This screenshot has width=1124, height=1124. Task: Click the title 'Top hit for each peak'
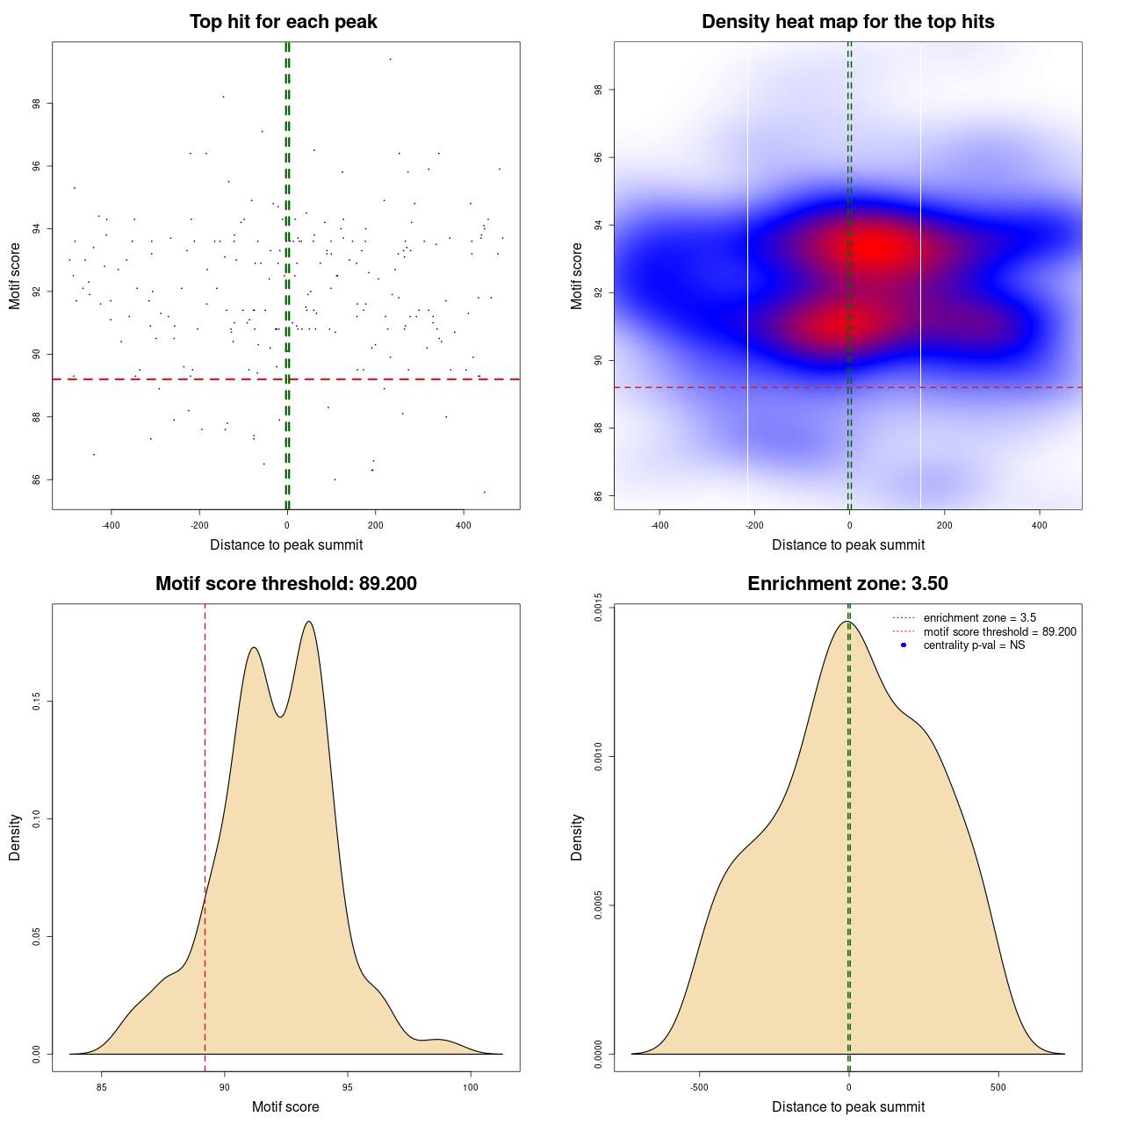click(283, 22)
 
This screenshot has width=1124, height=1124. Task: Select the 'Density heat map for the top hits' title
click(847, 22)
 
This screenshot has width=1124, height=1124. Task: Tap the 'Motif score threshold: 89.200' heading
click(285, 584)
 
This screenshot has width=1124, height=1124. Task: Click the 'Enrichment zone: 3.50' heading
click(847, 584)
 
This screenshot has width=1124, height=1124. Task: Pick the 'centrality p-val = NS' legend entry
click(974, 645)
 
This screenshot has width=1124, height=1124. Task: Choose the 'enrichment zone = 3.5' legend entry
click(979, 618)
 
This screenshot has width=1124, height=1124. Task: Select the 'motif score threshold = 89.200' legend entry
click(999, 632)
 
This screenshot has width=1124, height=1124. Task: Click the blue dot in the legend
click(904, 645)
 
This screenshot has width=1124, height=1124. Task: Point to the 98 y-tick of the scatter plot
click(36, 104)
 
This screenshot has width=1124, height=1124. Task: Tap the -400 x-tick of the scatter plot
click(111, 525)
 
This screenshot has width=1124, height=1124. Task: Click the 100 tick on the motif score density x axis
click(471, 1087)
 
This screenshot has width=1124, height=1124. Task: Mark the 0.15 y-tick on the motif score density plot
click(36, 702)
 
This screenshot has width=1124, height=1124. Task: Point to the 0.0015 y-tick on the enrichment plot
click(598, 608)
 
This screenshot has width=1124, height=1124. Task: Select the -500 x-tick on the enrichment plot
click(699, 1087)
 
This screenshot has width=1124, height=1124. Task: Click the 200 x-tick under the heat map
click(945, 525)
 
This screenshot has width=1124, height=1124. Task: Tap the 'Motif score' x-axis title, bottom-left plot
click(285, 1107)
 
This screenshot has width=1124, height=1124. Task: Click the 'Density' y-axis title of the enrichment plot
click(577, 838)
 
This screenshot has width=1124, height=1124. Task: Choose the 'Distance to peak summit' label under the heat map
click(847, 545)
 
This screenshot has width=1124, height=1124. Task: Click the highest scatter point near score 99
click(390, 59)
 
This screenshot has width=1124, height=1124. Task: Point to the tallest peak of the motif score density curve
click(308, 622)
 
